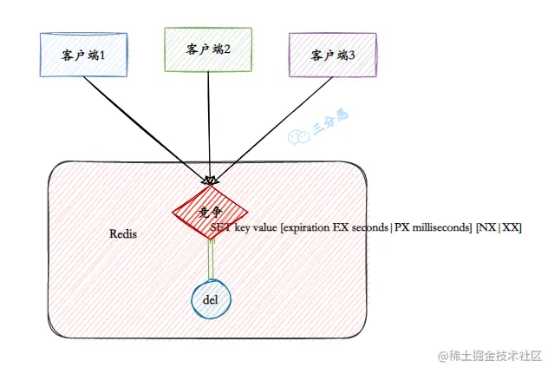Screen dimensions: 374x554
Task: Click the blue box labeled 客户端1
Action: click(x=83, y=55)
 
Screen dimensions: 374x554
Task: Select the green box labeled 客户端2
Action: click(x=208, y=49)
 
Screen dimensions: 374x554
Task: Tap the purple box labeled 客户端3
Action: click(x=332, y=55)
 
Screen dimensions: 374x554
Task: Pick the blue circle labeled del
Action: click(x=210, y=299)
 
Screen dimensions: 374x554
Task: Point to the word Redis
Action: click(x=123, y=234)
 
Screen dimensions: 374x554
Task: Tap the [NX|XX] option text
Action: click(x=499, y=227)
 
